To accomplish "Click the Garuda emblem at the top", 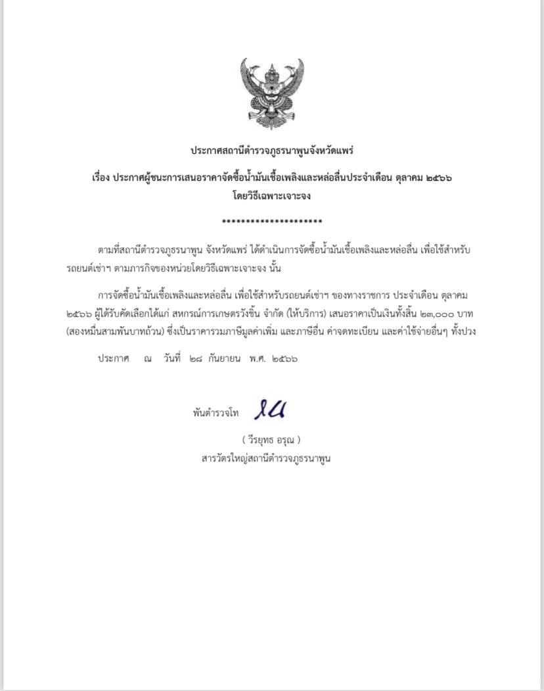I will coord(272,93).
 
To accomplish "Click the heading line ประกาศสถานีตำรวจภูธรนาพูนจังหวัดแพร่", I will coord(272,151).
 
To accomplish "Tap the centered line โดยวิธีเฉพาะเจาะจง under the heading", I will coord(272,195).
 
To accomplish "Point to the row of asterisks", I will coord(272,222).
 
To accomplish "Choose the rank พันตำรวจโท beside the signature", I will coord(215,414).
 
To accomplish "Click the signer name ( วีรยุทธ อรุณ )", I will coord(271,439).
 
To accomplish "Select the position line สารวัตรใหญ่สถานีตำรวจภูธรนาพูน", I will coord(266,458).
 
